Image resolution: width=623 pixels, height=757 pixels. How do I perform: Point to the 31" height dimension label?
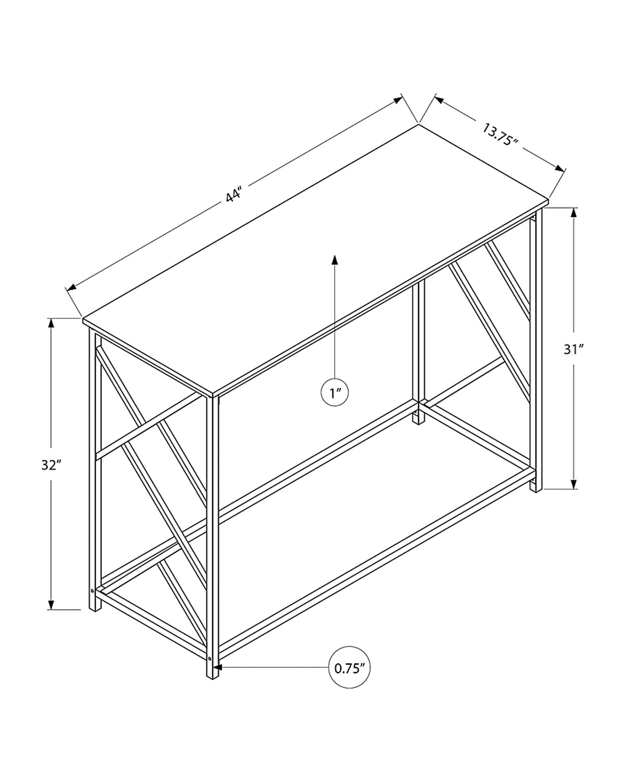(x=574, y=349)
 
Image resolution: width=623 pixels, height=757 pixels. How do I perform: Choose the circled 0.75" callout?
(x=349, y=668)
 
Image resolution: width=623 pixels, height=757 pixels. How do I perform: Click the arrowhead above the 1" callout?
(x=335, y=259)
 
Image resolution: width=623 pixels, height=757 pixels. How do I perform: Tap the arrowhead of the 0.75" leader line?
(x=218, y=667)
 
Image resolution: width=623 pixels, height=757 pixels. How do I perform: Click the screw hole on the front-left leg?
(x=92, y=590)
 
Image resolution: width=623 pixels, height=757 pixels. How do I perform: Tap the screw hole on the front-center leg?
(x=210, y=658)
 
